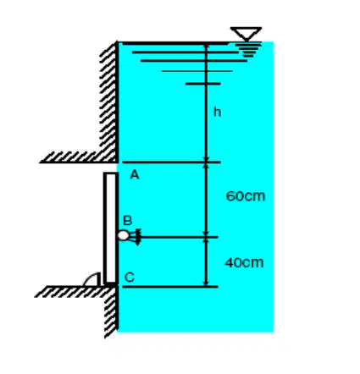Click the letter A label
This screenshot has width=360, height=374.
[135, 175]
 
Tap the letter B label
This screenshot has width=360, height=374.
[128, 221]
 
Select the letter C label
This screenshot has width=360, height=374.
[130, 278]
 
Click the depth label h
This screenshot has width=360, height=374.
[217, 112]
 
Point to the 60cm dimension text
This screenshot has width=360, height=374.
[246, 196]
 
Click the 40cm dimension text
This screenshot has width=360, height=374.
[245, 263]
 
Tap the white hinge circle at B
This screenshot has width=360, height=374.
[123, 235]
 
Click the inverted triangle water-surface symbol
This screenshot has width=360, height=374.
[246, 34]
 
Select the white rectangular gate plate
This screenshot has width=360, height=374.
[110, 228]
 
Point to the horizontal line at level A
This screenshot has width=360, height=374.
[171, 162]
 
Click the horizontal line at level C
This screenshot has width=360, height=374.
[170, 287]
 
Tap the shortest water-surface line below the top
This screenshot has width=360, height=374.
[202, 84]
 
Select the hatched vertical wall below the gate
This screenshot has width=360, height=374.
[111, 311]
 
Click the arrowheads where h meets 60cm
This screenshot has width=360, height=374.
[206, 162]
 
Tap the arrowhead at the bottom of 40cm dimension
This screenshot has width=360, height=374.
[206, 283]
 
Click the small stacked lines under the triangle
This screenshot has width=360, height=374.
[248, 50]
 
